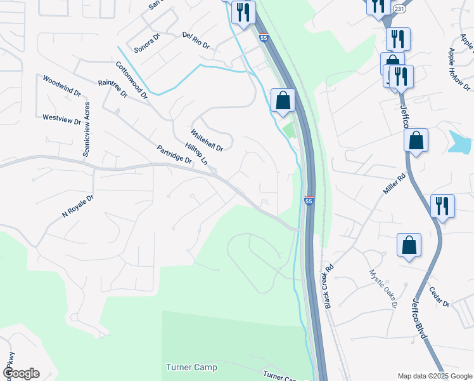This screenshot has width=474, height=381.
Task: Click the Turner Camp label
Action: (191, 367)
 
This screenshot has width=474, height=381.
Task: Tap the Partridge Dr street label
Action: (174, 154)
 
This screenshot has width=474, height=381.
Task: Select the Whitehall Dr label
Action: (207, 140)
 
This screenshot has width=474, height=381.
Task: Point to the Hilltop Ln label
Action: (196, 153)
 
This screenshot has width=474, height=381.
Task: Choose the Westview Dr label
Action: (61, 119)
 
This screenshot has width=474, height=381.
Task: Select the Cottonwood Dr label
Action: (131, 80)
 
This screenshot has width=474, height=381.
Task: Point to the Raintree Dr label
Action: (113, 88)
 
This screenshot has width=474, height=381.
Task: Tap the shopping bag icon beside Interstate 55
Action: (283, 100)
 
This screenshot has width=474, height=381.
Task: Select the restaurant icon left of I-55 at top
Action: (243, 12)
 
